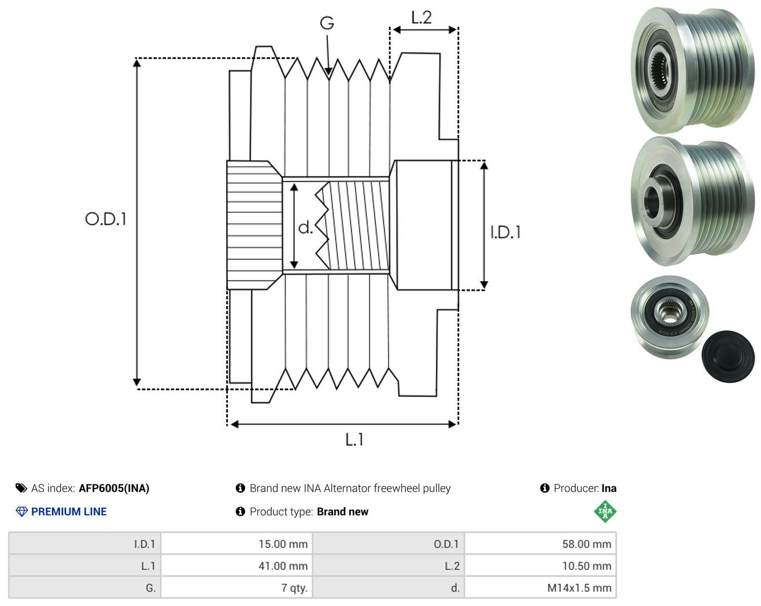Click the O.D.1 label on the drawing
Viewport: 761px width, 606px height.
pyautogui.click(x=106, y=219)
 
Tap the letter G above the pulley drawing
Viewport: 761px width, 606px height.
pyautogui.click(x=327, y=23)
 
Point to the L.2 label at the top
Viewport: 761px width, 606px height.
pyautogui.click(x=422, y=18)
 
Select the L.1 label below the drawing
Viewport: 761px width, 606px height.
pyautogui.click(x=354, y=439)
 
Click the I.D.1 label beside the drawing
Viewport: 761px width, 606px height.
pyautogui.click(x=505, y=232)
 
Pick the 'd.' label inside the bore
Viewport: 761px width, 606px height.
pyautogui.click(x=305, y=227)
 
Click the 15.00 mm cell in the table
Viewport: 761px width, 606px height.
pyautogui.click(x=237, y=544)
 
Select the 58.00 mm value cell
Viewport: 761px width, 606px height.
pyautogui.click(x=540, y=544)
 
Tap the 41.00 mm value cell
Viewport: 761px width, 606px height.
pyautogui.click(x=237, y=566)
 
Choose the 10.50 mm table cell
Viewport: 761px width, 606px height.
pyautogui.click(x=540, y=566)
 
